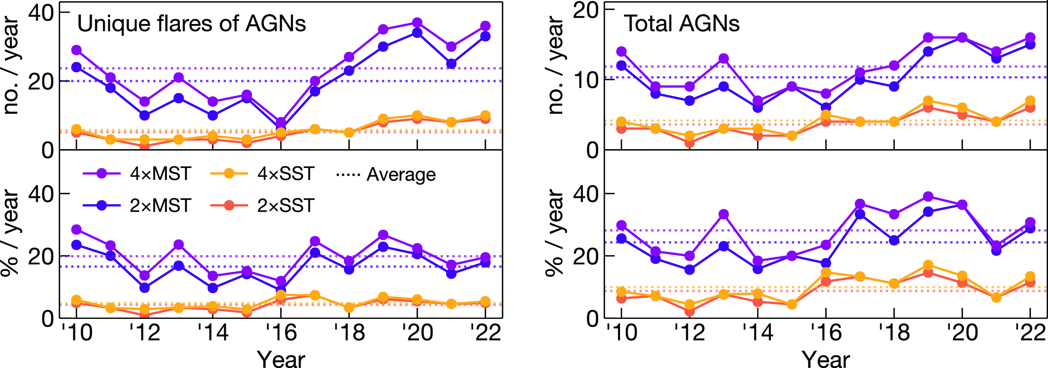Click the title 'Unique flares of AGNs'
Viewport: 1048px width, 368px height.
191,24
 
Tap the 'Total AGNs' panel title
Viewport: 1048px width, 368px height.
681,24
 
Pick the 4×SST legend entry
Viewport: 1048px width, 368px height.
262,174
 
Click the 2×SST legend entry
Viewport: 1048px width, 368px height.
262,206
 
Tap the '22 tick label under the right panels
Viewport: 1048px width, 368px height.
1030,333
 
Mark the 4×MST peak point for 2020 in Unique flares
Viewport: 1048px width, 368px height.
417,23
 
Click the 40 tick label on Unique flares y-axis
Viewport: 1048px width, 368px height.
41,13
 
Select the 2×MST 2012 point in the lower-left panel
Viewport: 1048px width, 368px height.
145,287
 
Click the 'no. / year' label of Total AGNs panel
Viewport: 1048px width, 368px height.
555,65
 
